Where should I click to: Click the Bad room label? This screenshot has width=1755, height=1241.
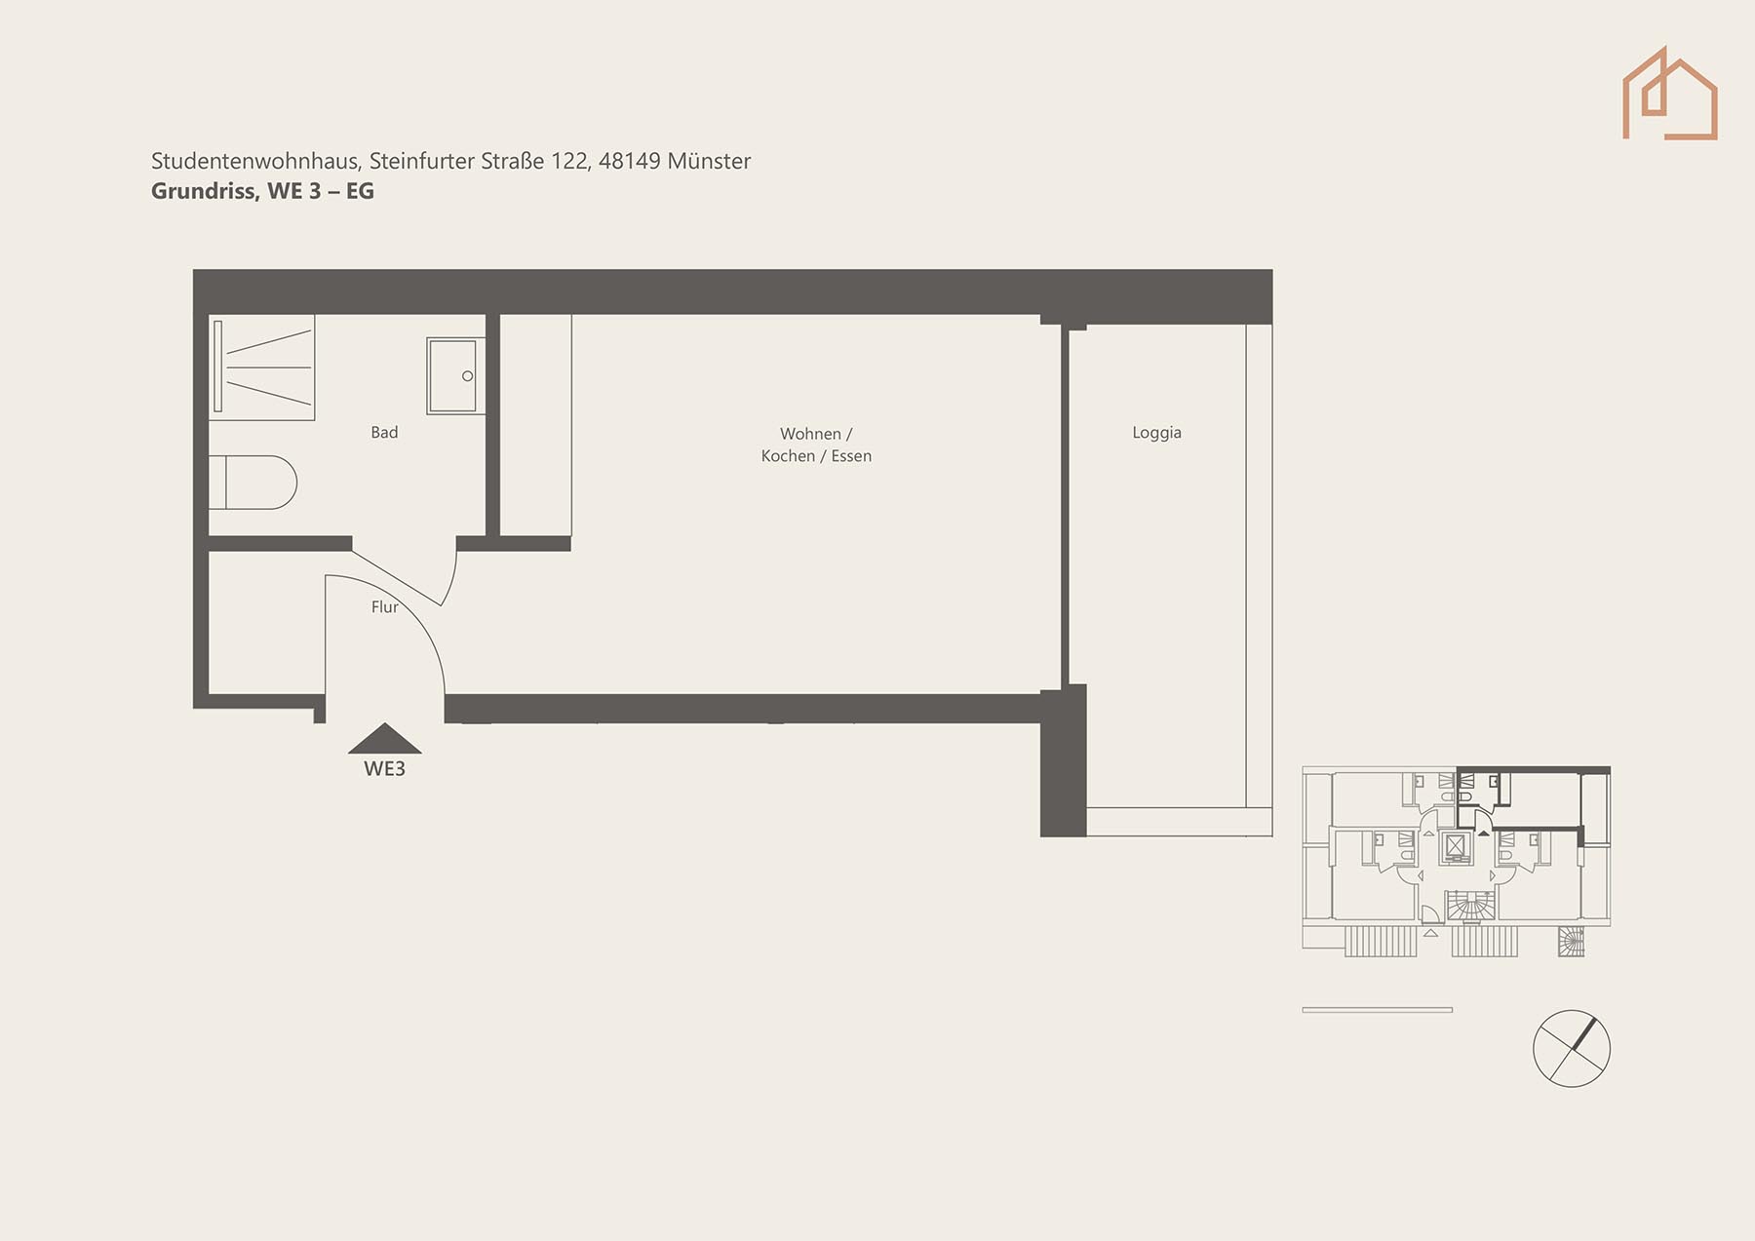point(384,432)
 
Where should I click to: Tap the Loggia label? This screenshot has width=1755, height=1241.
point(1156,433)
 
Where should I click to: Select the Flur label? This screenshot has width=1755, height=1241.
point(384,606)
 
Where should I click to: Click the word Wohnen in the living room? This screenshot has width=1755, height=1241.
point(810,434)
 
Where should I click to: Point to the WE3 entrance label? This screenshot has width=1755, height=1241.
point(384,769)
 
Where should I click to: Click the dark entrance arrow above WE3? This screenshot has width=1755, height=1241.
point(385,738)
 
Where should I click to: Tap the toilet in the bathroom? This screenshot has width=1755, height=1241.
point(253,483)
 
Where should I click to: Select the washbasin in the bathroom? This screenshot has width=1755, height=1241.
point(456,376)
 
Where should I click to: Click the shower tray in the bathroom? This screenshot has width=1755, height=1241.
point(262,368)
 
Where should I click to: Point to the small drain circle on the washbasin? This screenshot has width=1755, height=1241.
point(468,376)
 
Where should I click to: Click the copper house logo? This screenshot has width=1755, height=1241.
point(1669,94)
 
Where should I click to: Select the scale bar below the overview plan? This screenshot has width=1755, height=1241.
point(1377,1010)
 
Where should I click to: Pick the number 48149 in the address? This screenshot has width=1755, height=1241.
point(629,161)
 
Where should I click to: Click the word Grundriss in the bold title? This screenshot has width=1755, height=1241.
point(205,191)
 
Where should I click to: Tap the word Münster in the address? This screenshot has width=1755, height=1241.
point(709,161)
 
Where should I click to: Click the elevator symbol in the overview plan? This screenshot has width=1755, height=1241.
point(1456,846)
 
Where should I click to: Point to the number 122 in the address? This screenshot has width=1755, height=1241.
point(569,161)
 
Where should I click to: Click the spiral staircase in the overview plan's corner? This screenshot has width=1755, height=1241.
point(1571,941)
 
